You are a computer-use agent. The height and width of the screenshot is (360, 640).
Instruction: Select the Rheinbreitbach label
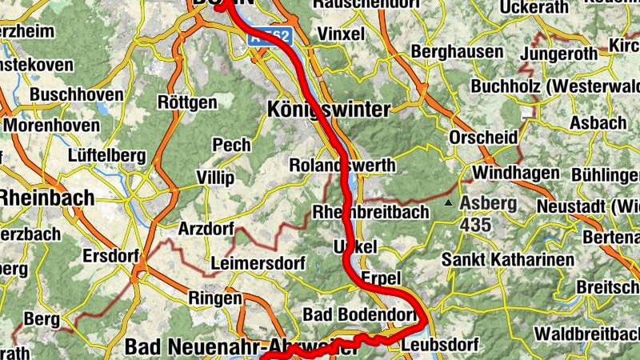pos(370,212)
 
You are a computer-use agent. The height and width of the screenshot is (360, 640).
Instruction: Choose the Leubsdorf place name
pos(440,346)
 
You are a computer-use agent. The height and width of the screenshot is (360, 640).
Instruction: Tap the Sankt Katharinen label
pos(508,260)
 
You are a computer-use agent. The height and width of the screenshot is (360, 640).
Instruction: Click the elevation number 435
pos(475,225)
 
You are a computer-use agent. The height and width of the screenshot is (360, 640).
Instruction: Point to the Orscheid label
pos(483,138)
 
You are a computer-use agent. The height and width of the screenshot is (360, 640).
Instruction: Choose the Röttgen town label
pos(187,102)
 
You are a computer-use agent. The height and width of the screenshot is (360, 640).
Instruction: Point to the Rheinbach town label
pos(46,198)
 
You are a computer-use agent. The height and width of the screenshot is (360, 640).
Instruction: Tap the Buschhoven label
pos(77,94)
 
